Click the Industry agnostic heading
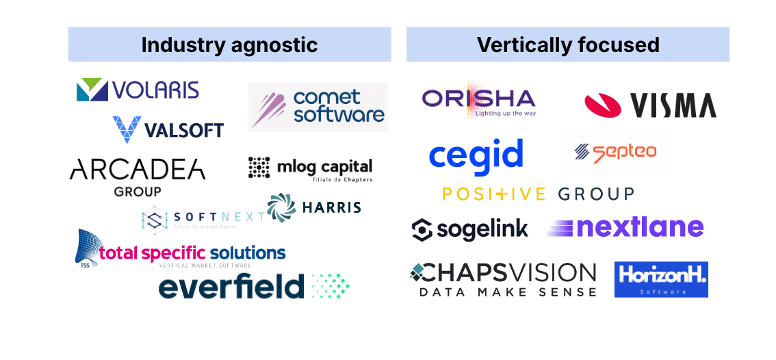click(x=229, y=45)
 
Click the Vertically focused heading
click(x=568, y=45)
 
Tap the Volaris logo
click(x=138, y=90)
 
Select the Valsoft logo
click(x=168, y=129)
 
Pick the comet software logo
click(x=318, y=107)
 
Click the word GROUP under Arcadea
click(x=138, y=191)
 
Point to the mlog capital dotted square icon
click(x=259, y=167)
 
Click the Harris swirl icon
click(x=281, y=207)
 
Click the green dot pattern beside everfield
click(x=331, y=286)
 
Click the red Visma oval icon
click(x=602, y=105)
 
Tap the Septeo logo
click(x=615, y=152)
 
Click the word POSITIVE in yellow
click(x=493, y=194)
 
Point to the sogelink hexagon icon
click(x=422, y=230)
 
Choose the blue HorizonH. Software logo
click(x=660, y=279)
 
